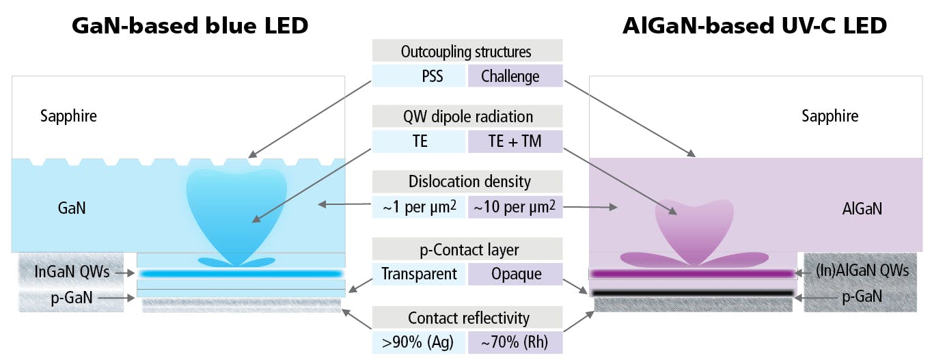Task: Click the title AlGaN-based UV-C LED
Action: [x=754, y=26]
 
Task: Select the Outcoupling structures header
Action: [x=467, y=51]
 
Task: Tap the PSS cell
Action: [x=419, y=76]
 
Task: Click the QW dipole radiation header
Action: [x=467, y=117]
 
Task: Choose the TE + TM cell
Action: [x=515, y=141]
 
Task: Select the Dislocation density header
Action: [x=467, y=182]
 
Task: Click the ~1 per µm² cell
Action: [x=419, y=206]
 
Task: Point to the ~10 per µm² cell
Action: [x=515, y=206]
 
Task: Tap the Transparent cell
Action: [x=419, y=274]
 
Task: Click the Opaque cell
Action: [x=515, y=274]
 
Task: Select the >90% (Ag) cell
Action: [x=419, y=342]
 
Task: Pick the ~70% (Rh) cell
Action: [x=515, y=342]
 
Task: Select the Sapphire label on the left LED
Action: [x=68, y=116]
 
